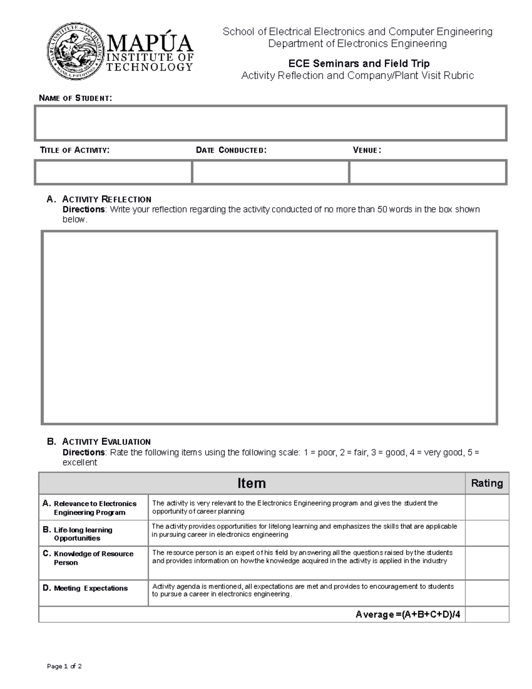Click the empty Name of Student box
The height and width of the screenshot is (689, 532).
click(x=270, y=123)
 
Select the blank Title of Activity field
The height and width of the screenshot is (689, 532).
click(x=113, y=172)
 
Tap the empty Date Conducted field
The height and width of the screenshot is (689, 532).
click(x=270, y=172)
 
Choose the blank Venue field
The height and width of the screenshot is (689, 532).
click(x=428, y=172)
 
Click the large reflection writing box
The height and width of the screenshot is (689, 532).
click(x=270, y=327)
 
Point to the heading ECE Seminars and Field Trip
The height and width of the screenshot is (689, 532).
click(x=359, y=63)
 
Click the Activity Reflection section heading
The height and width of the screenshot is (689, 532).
click(x=106, y=199)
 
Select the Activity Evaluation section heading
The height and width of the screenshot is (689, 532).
click(x=106, y=441)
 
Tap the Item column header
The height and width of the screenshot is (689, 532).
click(x=251, y=483)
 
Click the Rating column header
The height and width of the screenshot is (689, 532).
click(x=487, y=483)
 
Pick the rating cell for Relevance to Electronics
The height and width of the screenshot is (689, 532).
click(x=487, y=507)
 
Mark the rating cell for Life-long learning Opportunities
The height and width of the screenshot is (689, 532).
click(x=487, y=533)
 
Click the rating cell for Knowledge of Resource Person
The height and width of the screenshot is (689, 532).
click(x=487, y=562)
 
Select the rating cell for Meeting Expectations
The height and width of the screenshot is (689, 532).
click(x=487, y=593)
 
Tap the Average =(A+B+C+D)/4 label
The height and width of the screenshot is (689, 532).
click(x=407, y=614)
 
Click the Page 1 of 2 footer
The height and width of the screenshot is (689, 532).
click(x=64, y=666)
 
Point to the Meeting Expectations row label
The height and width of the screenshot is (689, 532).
click(x=90, y=588)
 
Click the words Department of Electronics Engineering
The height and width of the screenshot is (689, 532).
click(x=357, y=43)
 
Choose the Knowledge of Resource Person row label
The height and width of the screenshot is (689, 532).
click(x=93, y=558)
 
